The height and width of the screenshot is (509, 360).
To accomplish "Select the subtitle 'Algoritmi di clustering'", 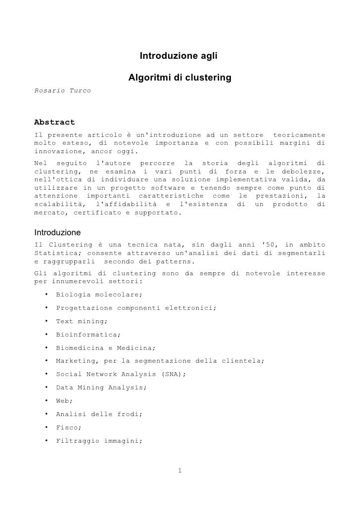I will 180,78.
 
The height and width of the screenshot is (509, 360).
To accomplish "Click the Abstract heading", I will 54,122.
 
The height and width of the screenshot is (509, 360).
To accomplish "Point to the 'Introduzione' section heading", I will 57,232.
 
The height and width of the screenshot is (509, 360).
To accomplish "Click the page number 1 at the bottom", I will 180,470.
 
